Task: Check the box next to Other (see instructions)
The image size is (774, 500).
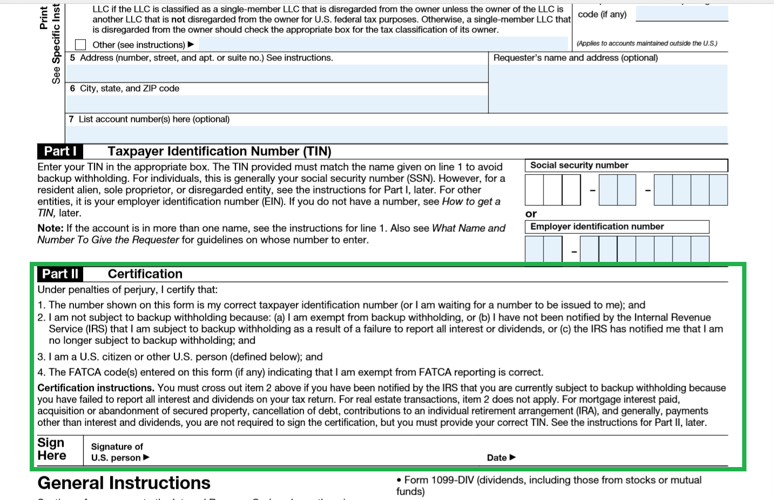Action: click(x=80, y=45)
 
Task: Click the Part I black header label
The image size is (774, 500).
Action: click(x=60, y=151)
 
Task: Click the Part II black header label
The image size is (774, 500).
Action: click(x=60, y=274)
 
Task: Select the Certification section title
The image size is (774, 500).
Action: click(x=145, y=274)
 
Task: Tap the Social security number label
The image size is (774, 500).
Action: click(x=579, y=165)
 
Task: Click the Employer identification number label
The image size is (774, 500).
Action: click(x=597, y=227)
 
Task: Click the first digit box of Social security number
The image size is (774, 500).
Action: click(x=534, y=190)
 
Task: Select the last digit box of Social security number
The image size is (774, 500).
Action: click(x=718, y=190)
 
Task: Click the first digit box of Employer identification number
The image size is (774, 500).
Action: click(x=534, y=249)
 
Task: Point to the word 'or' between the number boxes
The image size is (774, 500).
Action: click(x=531, y=214)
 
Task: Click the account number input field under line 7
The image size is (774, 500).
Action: click(x=397, y=134)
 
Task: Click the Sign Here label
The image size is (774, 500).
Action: click(x=52, y=449)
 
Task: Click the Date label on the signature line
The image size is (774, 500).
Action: click(x=497, y=458)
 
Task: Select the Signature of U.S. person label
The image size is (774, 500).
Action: click(x=117, y=452)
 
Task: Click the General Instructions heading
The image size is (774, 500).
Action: click(x=124, y=483)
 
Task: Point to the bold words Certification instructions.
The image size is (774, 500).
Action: click(x=96, y=388)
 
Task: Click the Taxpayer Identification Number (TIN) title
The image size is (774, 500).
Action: click(x=219, y=151)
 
